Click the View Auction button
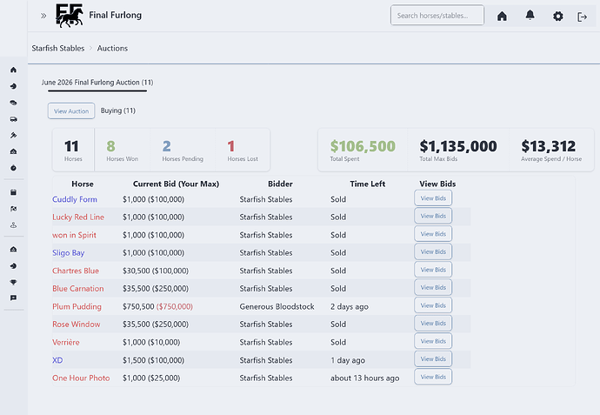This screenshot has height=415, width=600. [x=71, y=111]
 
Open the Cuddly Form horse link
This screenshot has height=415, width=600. [x=75, y=199]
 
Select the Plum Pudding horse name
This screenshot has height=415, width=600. [x=77, y=306]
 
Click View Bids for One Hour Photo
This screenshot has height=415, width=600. [x=433, y=377]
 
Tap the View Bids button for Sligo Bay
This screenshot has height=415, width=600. [x=433, y=251]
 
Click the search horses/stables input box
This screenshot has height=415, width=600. [x=437, y=16]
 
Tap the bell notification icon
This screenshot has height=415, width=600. [x=530, y=16]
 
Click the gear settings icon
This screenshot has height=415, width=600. [x=558, y=17]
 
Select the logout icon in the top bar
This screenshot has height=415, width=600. [x=582, y=17]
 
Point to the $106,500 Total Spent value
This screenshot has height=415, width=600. [x=363, y=146]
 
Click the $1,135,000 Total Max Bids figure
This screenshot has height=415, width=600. [x=458, y=146]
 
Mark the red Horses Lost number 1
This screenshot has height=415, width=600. [x=230, y=146]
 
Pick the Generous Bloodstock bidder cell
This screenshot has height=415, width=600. [x=277, y=306]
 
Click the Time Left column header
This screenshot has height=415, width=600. [x=367, y=184]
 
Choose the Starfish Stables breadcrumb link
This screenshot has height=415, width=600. [x=58, y=48]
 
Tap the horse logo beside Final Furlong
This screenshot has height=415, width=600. [x=70, y=16]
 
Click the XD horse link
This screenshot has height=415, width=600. [x=57, y=360]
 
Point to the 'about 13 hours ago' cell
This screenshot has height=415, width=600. [x=364, y=378]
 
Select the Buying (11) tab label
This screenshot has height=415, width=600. [x=118, y=110]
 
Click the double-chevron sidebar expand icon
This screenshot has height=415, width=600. [x=43, y=16]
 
